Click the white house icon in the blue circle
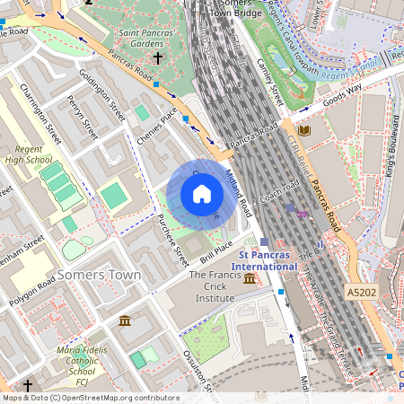pyautogui.click(x=202, y=194)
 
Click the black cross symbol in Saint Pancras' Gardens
pyautogui.click(x=158, y=58)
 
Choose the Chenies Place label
pyautogui.click(x=156, y=125)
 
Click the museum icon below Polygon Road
pyautogui.click(x=124, y=321)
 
